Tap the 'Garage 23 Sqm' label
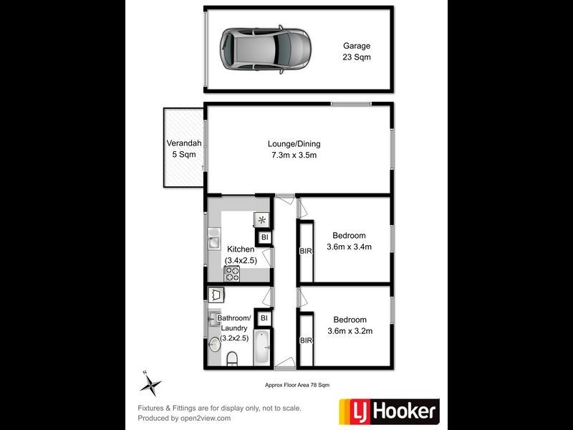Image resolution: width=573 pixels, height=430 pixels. click(x=356, y=51)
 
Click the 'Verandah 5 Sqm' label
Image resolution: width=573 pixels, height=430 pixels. click(x=183, y=148)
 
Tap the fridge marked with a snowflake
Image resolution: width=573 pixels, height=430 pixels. click(x=261, y=220)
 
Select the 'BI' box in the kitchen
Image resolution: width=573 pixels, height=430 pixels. click(x=264, y=237)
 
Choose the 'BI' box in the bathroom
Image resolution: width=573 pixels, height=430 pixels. click(x=264, y=317)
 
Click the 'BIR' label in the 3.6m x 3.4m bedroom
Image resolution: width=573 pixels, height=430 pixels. click(x=305, y=252)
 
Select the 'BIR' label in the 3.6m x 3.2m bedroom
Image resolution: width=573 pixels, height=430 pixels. click(x=306, y=340)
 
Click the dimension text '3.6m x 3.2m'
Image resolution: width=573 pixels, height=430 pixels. click(x=349, y=331)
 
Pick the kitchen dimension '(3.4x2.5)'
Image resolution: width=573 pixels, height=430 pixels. click(x=241, y=260)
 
